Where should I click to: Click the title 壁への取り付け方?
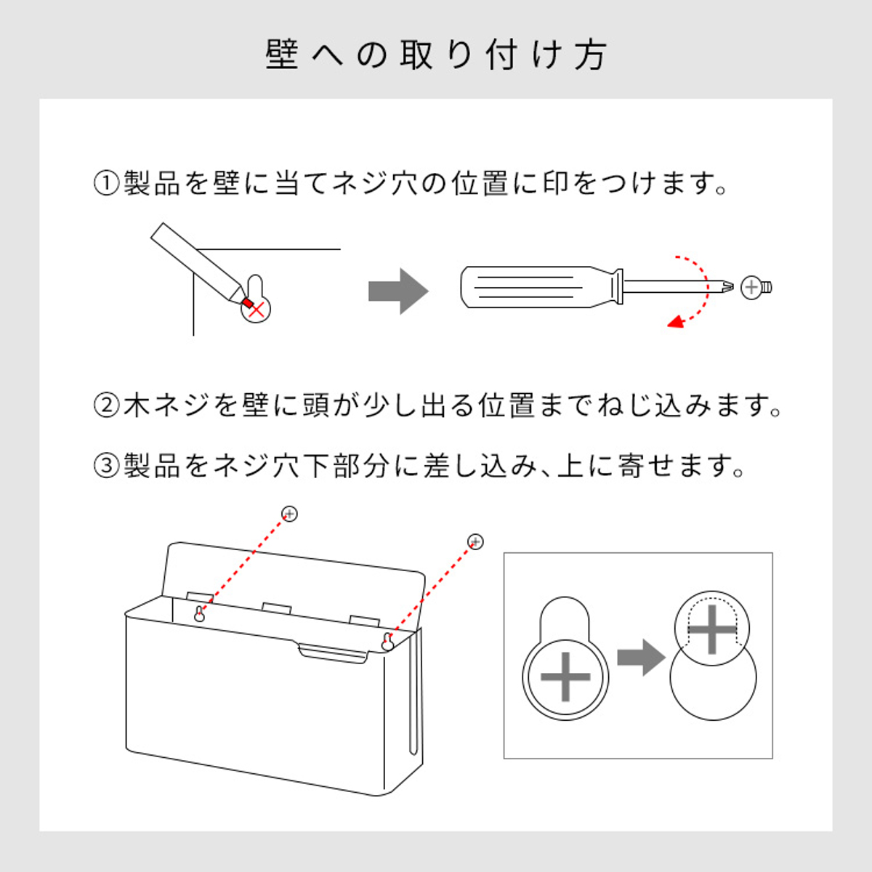click(436, 55)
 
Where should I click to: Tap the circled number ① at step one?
click(106, 183)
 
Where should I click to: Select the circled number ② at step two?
click(106, 405)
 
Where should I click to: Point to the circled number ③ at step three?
click(106, 466)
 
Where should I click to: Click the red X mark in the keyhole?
click(256, 308)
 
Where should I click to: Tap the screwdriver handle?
click(538, 287)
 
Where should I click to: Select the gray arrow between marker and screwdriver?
click(397, 291)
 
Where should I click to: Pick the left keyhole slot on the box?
click(200, 614)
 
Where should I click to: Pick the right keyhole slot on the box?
click(388, 641)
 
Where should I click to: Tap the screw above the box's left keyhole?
click(289, 514)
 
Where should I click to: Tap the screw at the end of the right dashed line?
click(475, 541)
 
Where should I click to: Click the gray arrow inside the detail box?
click(640, 658)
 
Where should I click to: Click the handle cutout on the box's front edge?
click(334, 653)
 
